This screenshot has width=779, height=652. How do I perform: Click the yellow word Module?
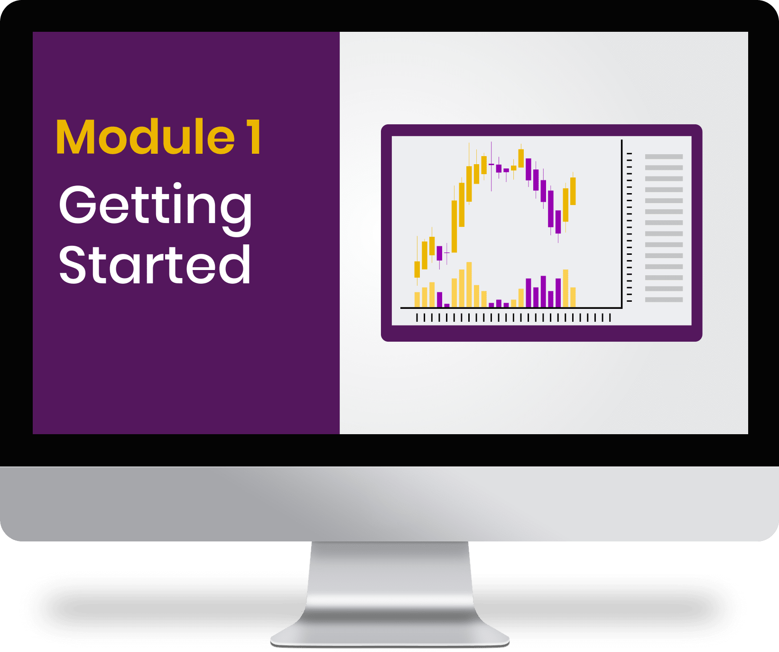coord(146,137)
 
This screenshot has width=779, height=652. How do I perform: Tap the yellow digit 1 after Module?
coord(254,137)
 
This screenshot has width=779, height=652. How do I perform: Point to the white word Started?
coord(155,265)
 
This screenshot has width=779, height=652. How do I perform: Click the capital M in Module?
coord(76,137)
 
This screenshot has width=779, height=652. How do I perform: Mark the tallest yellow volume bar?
coord(469,284)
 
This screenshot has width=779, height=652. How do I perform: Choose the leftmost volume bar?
coord(417,299)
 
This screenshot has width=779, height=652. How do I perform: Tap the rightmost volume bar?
coord(573,297)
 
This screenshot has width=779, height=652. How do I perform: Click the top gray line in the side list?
coord(664,157)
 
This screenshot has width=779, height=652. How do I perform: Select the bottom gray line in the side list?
coord(664,299)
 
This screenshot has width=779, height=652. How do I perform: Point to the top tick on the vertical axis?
coord(630,154)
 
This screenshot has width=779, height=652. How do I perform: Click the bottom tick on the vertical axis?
coord(630,301)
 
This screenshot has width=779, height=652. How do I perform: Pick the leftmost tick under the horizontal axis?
coord(417,317)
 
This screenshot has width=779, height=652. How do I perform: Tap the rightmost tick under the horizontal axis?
coord(610,317)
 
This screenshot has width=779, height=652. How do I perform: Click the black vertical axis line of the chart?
coord(621,224)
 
